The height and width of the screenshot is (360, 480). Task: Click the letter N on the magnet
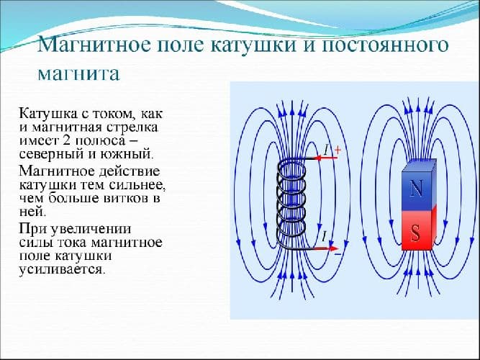click(415, 189)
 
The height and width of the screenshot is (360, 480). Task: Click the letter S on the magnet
click(415, 233)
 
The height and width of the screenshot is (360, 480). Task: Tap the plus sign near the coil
click(336, 150)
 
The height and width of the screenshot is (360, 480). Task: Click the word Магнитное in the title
click(93, 45)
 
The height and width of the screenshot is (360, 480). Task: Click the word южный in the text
click(130, 153)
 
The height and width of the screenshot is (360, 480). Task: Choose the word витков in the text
click(127, 198)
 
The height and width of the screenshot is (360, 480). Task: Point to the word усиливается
click(62, 271)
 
